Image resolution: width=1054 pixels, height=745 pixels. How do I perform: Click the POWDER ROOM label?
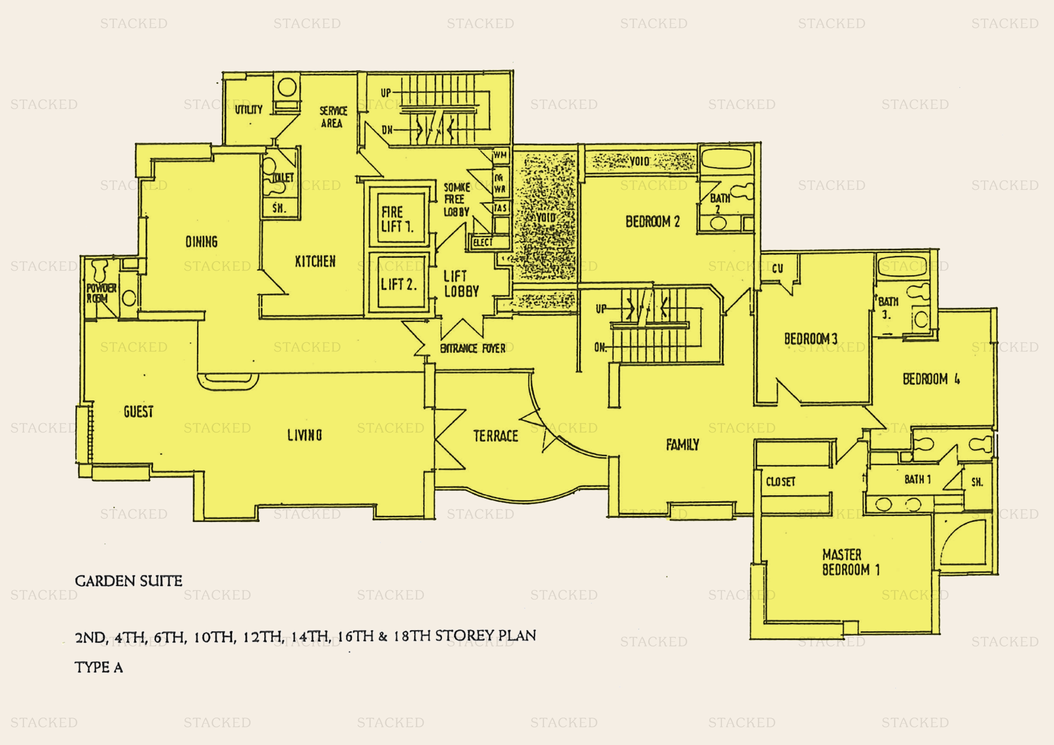coord(102,293)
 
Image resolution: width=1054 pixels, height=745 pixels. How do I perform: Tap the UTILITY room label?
coord(248,110)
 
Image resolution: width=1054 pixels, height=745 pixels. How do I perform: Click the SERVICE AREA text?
coord(333,117)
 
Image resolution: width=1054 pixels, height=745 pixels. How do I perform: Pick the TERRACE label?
coord(495,436)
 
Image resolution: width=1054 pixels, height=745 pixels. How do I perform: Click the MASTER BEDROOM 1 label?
coord(851,562)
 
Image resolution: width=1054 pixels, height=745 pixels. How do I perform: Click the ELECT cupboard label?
coord(483,242)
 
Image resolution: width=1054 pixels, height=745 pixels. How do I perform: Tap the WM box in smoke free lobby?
coord(500,155)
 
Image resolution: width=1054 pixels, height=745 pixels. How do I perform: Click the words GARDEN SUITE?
coord(129,581)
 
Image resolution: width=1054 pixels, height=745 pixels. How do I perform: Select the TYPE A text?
coord(99,667)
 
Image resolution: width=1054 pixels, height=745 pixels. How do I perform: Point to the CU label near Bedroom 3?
coord(777,269)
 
